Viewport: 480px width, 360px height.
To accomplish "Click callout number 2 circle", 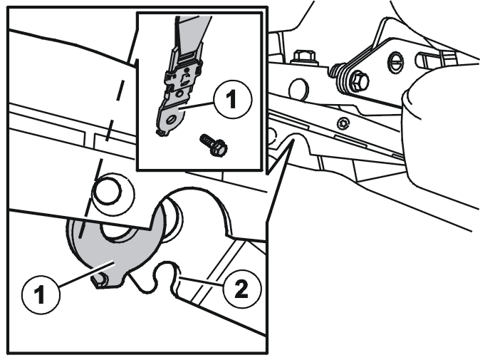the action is (x=242, y=289).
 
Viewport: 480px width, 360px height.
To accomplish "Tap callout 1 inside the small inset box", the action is (x=233, y=100).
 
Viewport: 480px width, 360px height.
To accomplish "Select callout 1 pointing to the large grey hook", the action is (x=41, y=294).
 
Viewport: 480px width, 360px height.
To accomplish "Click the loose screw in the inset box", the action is (x=214, y=145).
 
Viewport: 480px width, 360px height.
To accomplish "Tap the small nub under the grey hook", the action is (x=100, y=282).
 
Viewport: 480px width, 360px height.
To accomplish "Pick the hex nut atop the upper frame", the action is (x=305, y=57).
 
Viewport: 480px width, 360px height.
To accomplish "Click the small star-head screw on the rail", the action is (x=343, y=124).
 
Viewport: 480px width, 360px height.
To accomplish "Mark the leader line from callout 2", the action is (x=201, y=282).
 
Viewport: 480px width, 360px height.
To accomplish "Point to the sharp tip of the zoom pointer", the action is (x=293, y=140).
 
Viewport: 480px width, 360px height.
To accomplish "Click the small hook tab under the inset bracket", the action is (x=161, y=133).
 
